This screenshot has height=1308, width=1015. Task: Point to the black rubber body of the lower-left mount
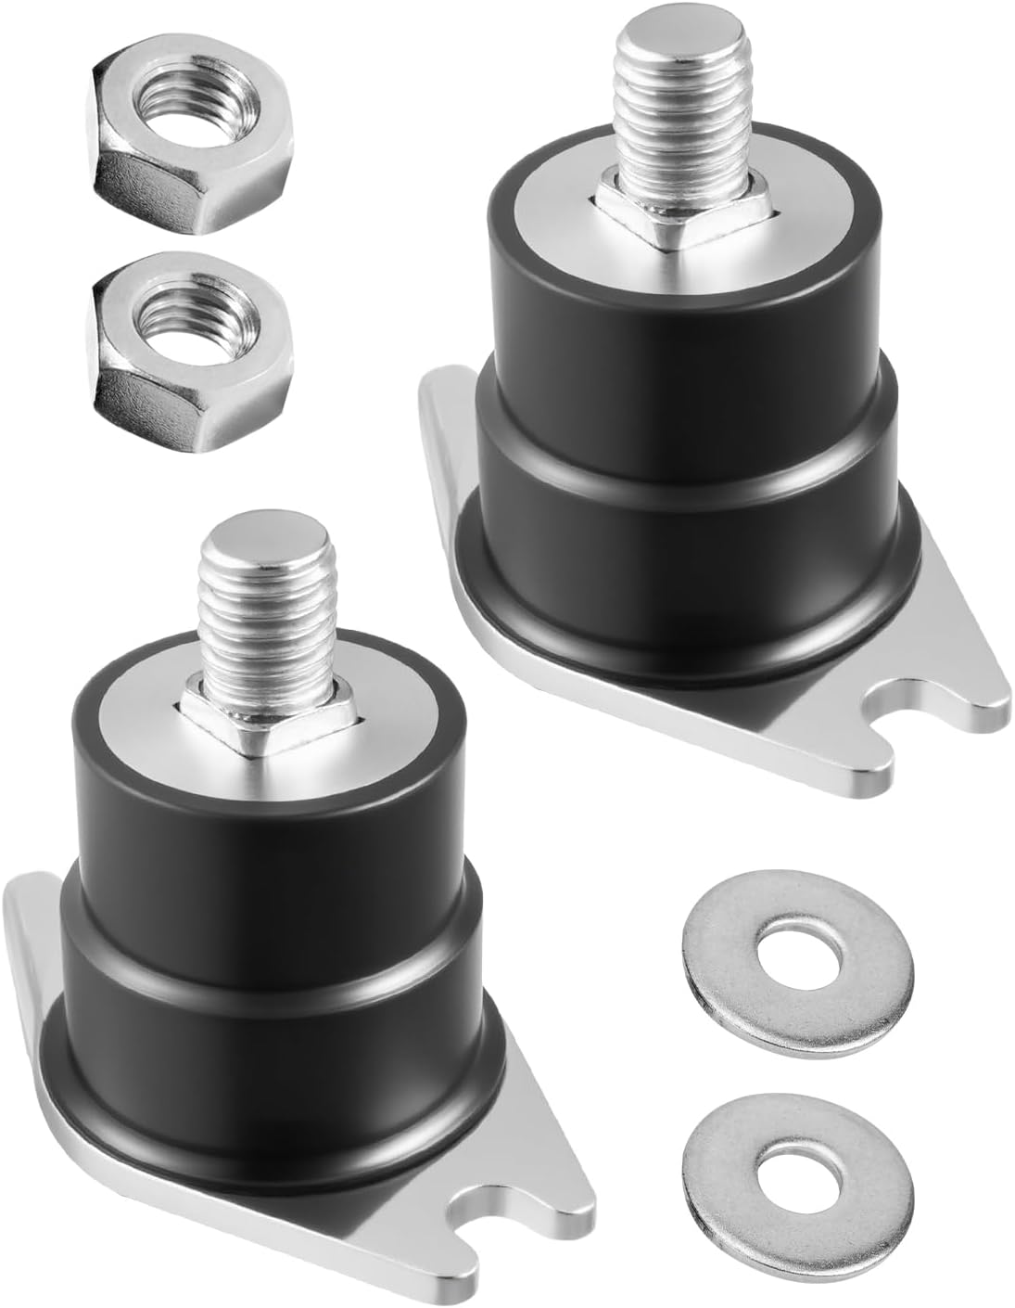[260, 928]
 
